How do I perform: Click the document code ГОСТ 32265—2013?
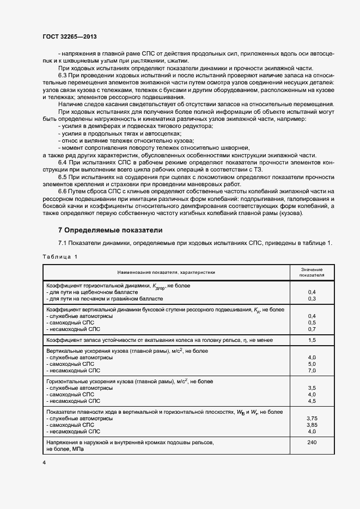tap(70, 36)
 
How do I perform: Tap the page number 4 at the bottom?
tap(44, 462)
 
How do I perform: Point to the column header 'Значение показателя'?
tap(312, 272)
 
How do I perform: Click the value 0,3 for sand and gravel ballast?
tap(312, 298)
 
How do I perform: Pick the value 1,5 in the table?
tap(312, 340)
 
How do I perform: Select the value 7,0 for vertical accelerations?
tap(312, 370)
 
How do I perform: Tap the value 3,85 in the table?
tap(312, 424)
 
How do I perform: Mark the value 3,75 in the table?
tap(312, 418)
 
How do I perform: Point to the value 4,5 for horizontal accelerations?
tap(312, 401)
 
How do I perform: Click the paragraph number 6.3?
tap(63, 74)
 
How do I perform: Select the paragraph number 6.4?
tap(63, 162)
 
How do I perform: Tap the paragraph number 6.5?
tap(63, 177)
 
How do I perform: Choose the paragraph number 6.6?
tap(63, 192)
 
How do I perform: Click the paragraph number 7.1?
tap(63, 243)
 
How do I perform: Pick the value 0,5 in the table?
tap(312, 322)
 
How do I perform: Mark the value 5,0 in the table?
tap(312, 364)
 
